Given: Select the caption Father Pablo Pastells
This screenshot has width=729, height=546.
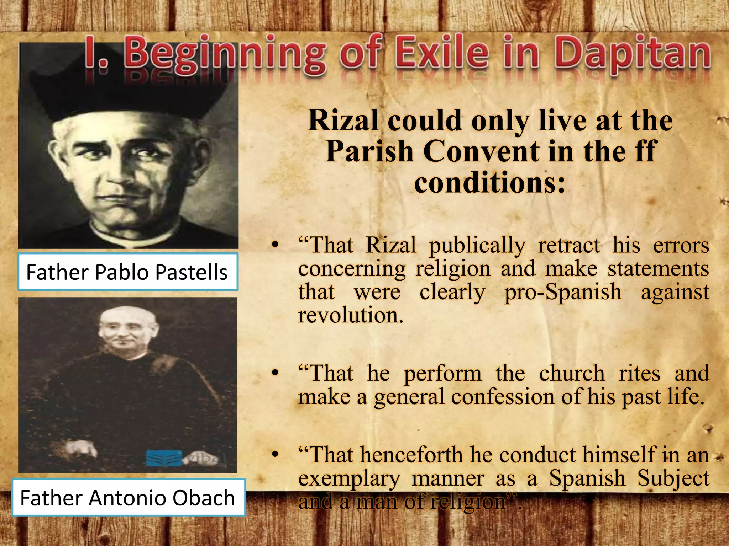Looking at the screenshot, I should pos(127,272).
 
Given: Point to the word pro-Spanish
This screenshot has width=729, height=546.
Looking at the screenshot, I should pos(563,292).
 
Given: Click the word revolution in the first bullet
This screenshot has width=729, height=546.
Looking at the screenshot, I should pos(351,315).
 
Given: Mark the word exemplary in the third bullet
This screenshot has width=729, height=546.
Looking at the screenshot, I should pos(349,478).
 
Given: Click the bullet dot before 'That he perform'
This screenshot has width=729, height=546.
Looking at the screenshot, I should pos(274,374).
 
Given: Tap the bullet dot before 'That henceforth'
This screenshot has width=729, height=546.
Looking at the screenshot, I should pos(274,455).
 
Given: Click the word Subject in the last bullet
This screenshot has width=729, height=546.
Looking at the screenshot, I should pos(673,478).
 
